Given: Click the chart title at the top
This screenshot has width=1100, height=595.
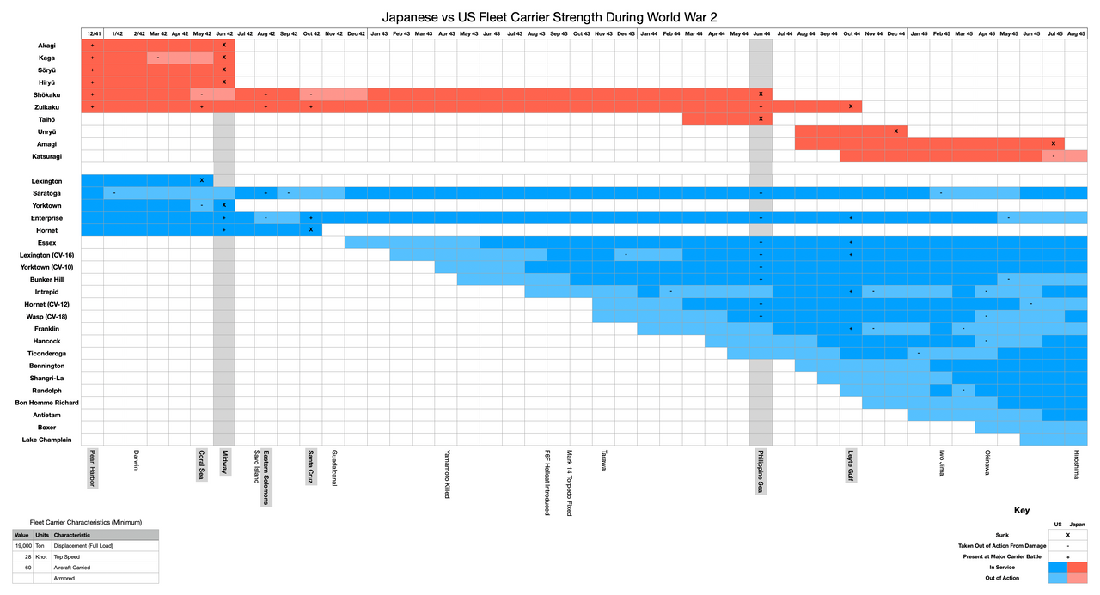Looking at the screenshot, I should click(550, 16).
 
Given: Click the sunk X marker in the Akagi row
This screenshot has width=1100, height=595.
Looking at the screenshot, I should click(223, 45).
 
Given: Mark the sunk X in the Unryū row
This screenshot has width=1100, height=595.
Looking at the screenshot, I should click(895, 131).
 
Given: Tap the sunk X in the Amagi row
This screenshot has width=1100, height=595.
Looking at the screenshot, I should click(1053, 143).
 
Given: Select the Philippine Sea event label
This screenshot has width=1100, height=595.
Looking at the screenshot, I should click(761, 471).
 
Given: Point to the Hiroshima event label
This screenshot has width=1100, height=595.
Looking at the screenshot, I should click(1076, 464).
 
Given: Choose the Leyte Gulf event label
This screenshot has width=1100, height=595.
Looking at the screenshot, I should click(851, 466).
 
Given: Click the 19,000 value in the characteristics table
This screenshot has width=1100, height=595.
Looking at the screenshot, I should click(23, 545).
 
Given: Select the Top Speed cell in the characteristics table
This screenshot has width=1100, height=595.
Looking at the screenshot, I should click(66, 556).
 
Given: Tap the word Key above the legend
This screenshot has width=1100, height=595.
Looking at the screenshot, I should click(1022, 510).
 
